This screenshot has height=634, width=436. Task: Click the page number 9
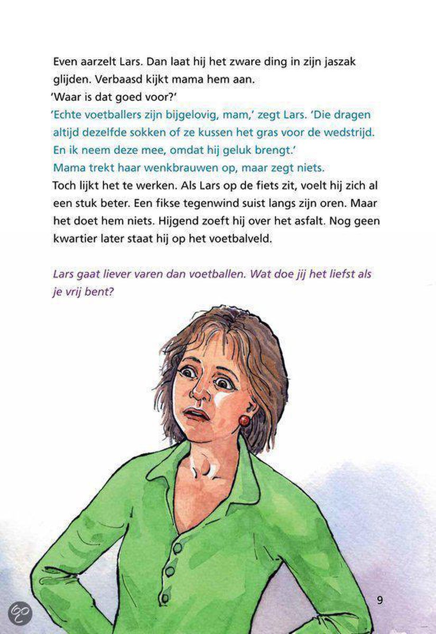pyautogui.click(x=380, y=600)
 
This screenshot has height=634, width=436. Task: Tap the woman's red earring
pyautogui.click(x=245, y=421)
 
